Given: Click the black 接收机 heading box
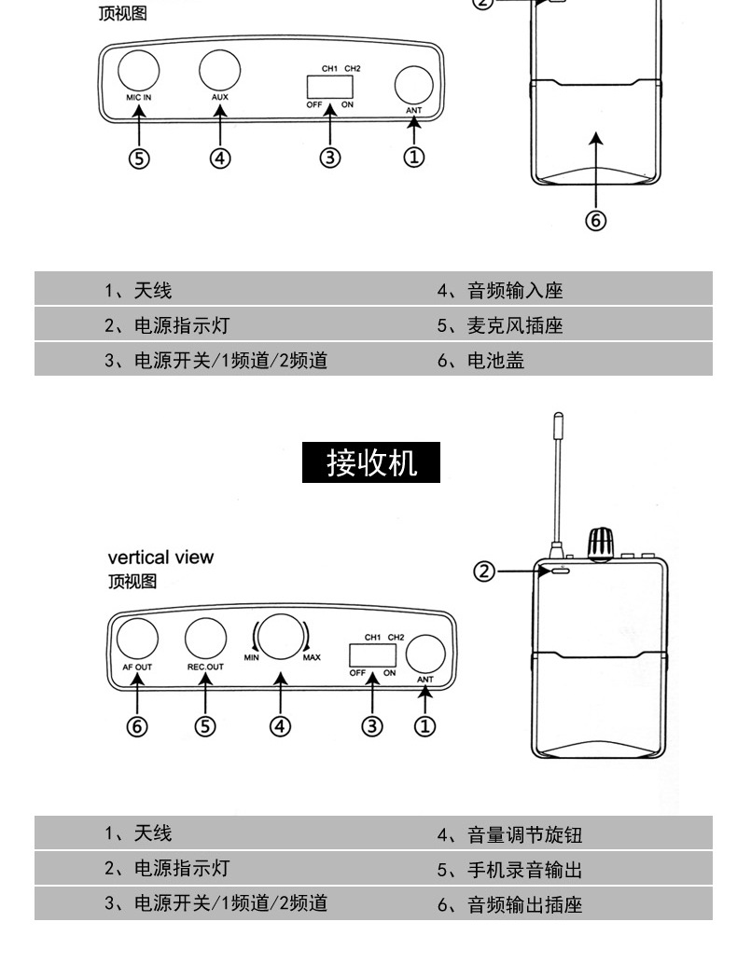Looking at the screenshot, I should tap(371, 462).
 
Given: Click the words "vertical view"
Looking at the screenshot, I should tap(160, 557).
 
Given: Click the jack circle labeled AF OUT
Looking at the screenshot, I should tap(137, 639).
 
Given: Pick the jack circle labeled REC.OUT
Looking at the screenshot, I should tap(205, 639).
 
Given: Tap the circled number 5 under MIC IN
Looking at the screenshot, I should tap(139, 158).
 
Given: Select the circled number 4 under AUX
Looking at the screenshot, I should tap(220, 158).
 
